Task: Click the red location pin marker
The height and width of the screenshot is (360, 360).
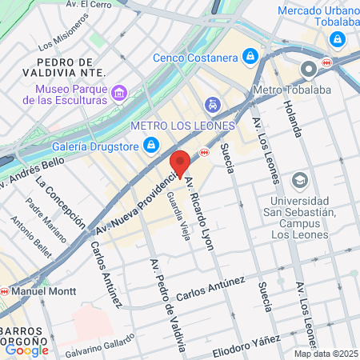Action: tap(180, 162)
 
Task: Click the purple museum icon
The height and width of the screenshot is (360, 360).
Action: tap(119, 93)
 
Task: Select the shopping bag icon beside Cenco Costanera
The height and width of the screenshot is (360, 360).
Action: tap(251, 56)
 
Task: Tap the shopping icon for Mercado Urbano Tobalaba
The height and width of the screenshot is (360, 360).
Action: tap(338, 38)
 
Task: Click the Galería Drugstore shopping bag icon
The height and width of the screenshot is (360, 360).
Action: tap(150, 144)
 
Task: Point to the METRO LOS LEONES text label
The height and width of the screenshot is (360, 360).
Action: tap(182, 126)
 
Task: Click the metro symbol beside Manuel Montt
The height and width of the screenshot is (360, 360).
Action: tap(6, 290)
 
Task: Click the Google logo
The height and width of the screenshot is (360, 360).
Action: tap(26, 350)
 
